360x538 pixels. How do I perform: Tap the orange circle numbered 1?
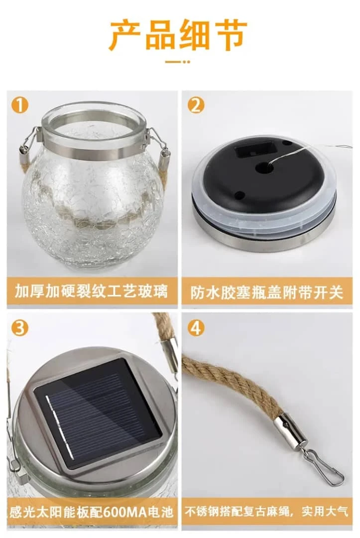pos(19,105)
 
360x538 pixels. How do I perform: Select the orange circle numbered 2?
pos(196,105)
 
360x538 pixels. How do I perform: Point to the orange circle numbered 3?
pos(19,328)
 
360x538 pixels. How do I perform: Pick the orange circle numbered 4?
pos(196,328)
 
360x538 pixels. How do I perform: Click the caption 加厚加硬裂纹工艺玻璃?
pos(92,291)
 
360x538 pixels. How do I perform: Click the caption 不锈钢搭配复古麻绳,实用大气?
pos(266,511)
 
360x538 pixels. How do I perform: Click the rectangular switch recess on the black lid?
pos(256,149)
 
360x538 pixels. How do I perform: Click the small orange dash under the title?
pos(178,62)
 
